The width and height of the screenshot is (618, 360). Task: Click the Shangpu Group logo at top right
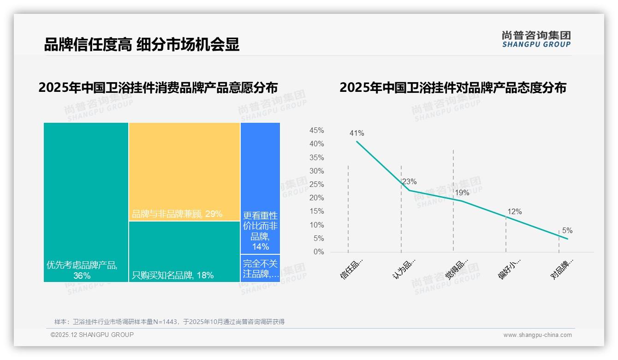[x=536, y=39]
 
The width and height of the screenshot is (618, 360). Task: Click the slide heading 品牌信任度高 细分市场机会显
[x=142, y=45]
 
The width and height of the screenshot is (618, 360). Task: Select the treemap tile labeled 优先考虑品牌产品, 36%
[x=86, y=202]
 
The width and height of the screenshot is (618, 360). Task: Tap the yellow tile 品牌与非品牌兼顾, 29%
[x=184, y=172]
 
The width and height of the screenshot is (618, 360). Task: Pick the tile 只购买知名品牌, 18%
[x=184, y=252]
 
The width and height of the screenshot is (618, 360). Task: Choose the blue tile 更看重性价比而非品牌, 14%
[x=260, y=188]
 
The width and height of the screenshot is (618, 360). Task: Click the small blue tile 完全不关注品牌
[x=260, y=268]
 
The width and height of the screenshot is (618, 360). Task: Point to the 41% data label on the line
[x=357, y=133]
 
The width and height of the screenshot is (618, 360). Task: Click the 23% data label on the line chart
[x=409, y=181]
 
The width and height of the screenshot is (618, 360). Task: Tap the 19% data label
[x=462, y=192]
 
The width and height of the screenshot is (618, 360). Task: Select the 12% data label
[x=514, y=212]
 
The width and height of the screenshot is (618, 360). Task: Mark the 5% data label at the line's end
[x=567, y=231]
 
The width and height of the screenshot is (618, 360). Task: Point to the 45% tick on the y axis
[x=316, y=131]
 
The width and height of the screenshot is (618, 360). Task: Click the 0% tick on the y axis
[x=319, y=252]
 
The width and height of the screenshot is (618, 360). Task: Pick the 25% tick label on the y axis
[x=316, y=185]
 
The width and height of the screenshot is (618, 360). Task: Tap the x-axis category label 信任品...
[x=352, y=269]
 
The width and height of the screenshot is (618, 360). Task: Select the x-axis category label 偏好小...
[x=510, y=269]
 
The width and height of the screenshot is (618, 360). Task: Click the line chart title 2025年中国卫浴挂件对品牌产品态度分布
[x=452, y=88]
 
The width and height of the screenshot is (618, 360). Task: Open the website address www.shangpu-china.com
[x=537, y=335]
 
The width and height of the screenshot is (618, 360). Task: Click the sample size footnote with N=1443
[x=169, y=322]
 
